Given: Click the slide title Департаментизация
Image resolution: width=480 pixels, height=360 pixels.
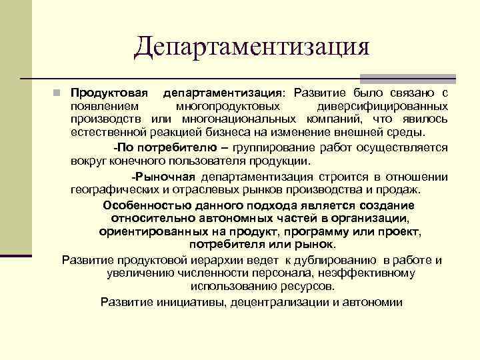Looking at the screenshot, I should pos(251,47).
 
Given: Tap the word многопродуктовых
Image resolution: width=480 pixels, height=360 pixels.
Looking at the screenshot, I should pos(227,106).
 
